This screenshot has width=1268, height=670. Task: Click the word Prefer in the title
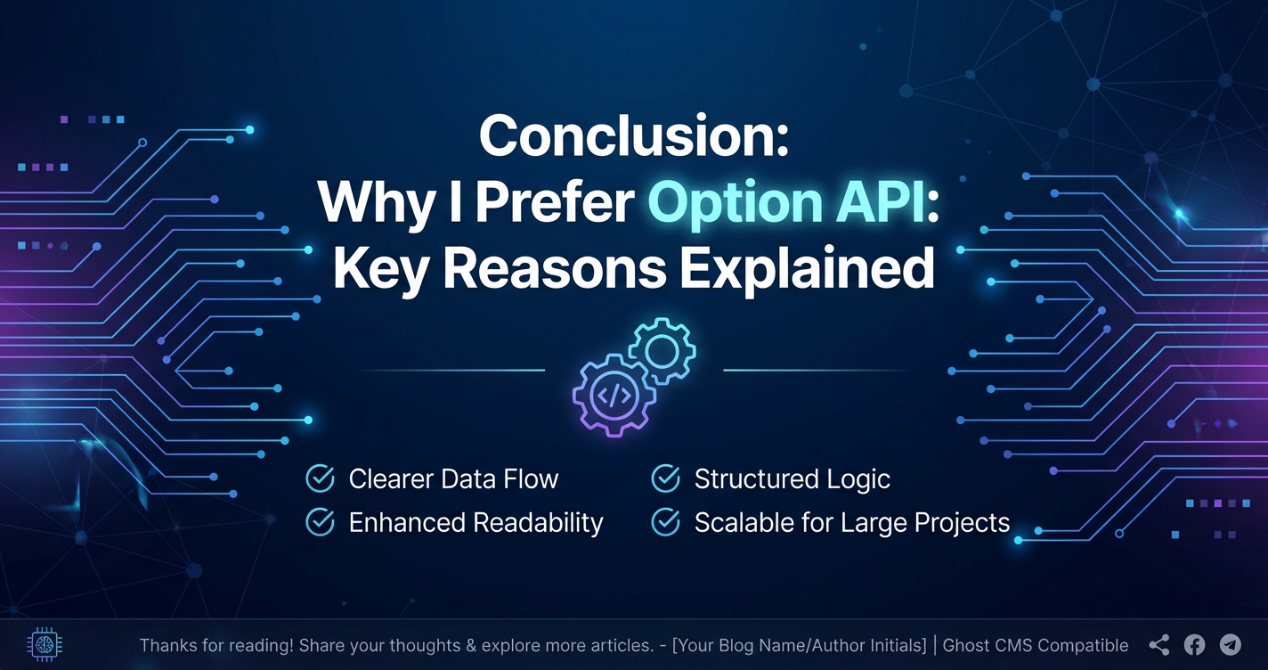555,201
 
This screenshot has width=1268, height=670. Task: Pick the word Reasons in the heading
554,268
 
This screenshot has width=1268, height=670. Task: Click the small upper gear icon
662,351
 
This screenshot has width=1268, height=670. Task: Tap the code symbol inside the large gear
614,396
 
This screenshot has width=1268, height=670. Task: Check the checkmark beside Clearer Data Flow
321,478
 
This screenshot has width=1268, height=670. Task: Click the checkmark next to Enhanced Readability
321,521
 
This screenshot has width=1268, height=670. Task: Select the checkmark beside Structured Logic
666,478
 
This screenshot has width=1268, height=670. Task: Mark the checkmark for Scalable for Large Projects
666,521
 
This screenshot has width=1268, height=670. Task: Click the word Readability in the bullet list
539,523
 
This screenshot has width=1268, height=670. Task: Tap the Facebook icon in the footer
1194,644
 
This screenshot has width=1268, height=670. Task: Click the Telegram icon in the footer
1230,644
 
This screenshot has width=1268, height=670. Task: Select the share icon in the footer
1158,644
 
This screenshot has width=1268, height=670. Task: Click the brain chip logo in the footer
45,644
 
